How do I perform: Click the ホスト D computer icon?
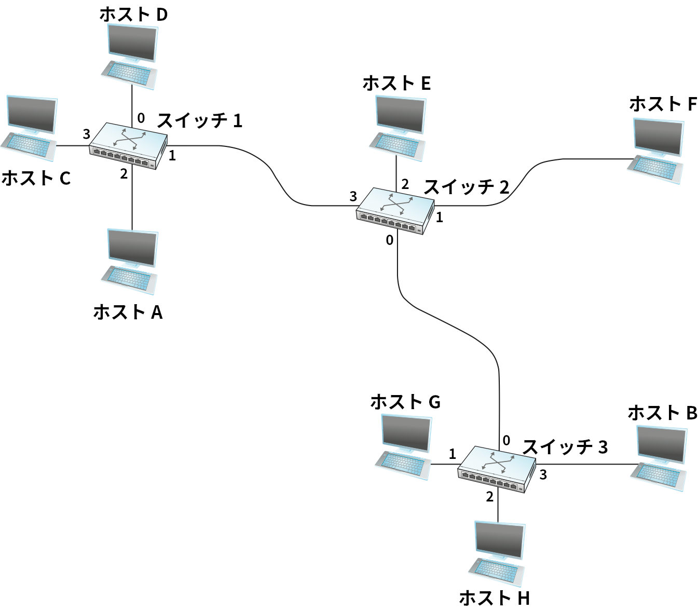(130, 55)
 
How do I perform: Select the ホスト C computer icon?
(30, 127)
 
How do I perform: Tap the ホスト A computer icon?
(130, 260)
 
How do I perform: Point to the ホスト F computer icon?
(656, 151)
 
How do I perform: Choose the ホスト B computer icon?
(660, 457)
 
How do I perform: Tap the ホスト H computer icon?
(498, 553)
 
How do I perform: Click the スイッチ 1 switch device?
(128, 146)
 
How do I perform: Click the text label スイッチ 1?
(200, 120)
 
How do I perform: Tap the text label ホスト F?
(663, 104)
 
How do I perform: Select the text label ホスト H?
(494, 598)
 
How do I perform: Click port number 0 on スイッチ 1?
(141, 118)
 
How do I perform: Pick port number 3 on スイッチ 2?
(353, 196)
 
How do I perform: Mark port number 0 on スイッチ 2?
(389, 240)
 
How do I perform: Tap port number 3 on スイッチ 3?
(543, 474)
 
